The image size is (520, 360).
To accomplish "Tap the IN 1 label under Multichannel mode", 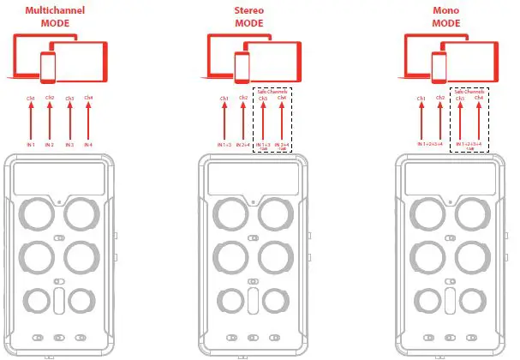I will (x=32, y=145).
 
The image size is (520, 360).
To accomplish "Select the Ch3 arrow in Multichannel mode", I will (x=70, y=120).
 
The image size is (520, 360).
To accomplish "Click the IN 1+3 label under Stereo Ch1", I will (x=224, y=145).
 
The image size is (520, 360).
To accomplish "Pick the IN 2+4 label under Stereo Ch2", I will (x=243, y=145).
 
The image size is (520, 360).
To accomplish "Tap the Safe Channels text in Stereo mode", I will (x=272, y=91).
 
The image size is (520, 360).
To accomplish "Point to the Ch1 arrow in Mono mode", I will (x=421, y=120).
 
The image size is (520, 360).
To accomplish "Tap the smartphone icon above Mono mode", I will (x=440, y=65).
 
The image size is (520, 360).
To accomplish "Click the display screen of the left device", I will (x=60, y=179).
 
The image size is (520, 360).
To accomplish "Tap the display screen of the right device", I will (x=451, y=179).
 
